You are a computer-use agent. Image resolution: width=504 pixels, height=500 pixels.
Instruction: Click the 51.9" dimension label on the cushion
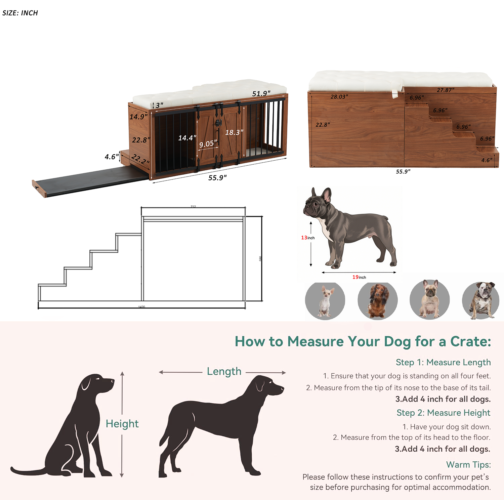(261, 93)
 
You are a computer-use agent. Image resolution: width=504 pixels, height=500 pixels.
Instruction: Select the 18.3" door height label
(234, 132)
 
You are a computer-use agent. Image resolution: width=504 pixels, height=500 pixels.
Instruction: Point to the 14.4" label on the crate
(187, 138)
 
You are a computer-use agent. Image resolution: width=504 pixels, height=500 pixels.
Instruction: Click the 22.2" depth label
(140, 159)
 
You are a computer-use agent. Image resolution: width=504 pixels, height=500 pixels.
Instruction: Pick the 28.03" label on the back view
(339, 97)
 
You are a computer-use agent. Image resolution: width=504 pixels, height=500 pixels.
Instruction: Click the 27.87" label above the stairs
(445, 90)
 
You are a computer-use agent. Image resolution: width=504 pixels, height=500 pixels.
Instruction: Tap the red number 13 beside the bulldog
(304, 238)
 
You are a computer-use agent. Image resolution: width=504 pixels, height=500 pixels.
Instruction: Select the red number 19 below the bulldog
(355, 277)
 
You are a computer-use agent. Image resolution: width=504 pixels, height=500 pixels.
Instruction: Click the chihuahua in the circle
(325, 301)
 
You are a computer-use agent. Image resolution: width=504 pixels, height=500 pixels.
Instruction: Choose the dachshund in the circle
(377, 300)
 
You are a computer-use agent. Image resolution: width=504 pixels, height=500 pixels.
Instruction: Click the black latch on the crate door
(219, 123)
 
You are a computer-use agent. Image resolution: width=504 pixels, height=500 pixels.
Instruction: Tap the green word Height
(122, 424)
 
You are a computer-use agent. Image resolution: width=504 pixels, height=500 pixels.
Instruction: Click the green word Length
(224, 371)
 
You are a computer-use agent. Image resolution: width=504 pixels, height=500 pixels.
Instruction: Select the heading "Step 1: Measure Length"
(443, 362)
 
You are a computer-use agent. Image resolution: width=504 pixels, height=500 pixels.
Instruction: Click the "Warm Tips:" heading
(468, 465)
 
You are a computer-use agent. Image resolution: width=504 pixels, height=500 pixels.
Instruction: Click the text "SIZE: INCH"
(20, 13)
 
